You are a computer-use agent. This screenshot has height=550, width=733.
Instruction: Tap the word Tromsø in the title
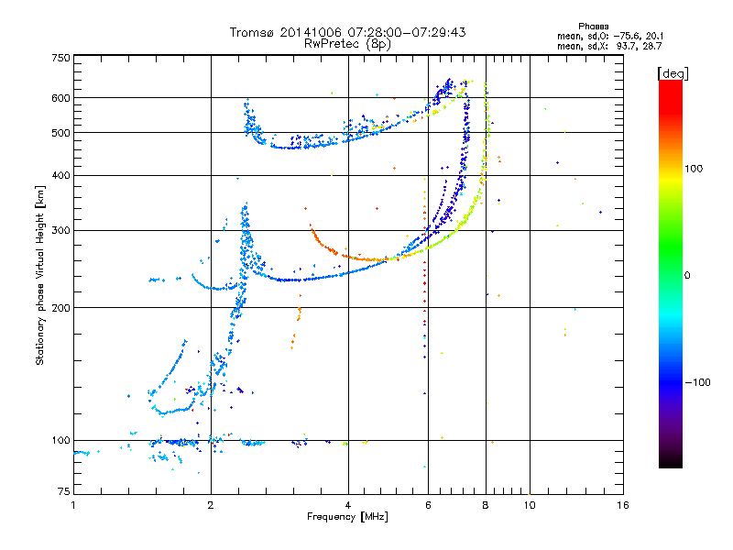click(253, 32)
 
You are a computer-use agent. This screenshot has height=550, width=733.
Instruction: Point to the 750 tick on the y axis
click(60, 58)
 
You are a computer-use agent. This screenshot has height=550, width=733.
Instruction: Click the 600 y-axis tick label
click(60, 98)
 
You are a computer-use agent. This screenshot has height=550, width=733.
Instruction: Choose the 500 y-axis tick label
click(60, 133)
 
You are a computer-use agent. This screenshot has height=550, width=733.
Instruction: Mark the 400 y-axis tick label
click(60, 175)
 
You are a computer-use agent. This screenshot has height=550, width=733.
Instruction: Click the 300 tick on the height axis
click(60, 230)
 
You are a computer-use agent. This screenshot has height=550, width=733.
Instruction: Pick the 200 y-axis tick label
click(60, 307)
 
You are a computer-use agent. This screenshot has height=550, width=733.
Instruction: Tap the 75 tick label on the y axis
click(63, 494)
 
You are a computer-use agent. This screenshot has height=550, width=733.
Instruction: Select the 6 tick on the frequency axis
click(427, 505)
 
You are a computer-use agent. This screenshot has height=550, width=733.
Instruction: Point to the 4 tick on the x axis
click(348, 505)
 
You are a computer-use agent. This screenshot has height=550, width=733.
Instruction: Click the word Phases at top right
click(594, 26)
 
